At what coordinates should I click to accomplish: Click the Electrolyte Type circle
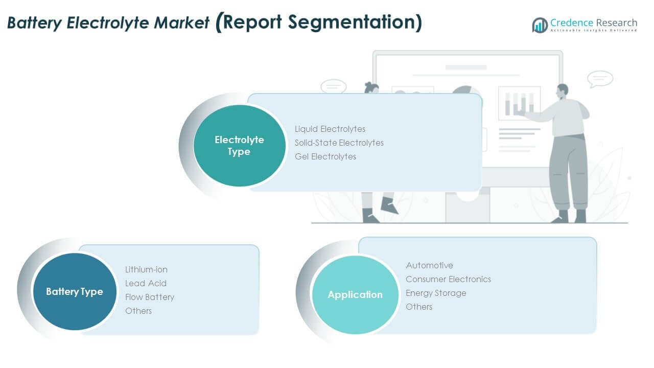[239, 146]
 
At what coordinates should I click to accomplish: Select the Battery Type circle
[75, 292]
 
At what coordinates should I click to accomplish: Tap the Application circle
[355, 295]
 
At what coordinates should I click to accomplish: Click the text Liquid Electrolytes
[330, 129]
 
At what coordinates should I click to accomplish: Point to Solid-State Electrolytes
[339, 143]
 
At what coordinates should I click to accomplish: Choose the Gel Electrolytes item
[325, 156]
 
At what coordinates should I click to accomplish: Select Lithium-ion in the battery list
[146, 269]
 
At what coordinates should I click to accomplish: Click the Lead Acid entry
[146, 283]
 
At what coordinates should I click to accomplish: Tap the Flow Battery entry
[150, 297]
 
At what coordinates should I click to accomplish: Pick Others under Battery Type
[138, 311]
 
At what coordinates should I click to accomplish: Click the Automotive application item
[429, 265]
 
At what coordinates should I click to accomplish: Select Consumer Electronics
[448, 279]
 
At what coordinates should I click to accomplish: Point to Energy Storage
[436, 293]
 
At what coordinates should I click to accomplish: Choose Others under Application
[419, 307]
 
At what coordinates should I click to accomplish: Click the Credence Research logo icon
[540, 25]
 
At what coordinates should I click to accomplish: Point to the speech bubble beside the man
[600, 79]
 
